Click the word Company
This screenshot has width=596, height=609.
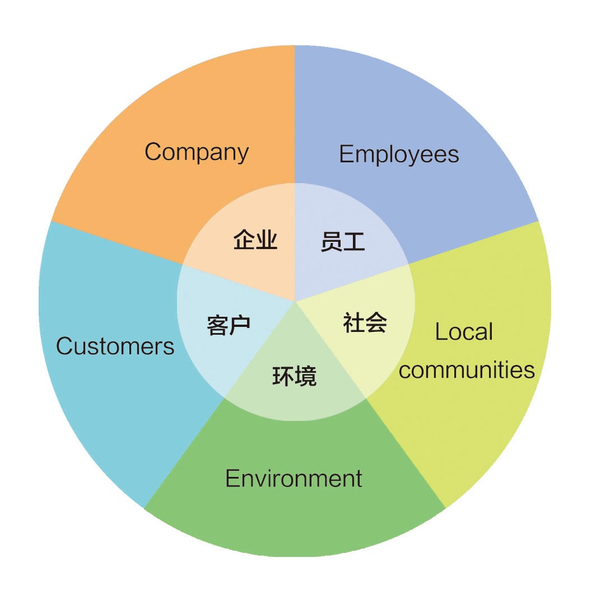point(197,152)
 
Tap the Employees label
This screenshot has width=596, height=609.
point(399,154)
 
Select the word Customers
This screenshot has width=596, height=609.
point(115,346)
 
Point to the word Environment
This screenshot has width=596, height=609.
point(294,479)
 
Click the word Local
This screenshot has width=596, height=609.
point(464,332)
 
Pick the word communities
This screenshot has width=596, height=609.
point(467,370)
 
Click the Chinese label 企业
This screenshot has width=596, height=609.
point(255,241)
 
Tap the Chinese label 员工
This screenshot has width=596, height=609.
point(343,242)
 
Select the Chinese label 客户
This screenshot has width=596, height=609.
point(229,325)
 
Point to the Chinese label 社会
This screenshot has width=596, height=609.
point(365,323)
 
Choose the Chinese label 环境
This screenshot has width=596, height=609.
point(295,376)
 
